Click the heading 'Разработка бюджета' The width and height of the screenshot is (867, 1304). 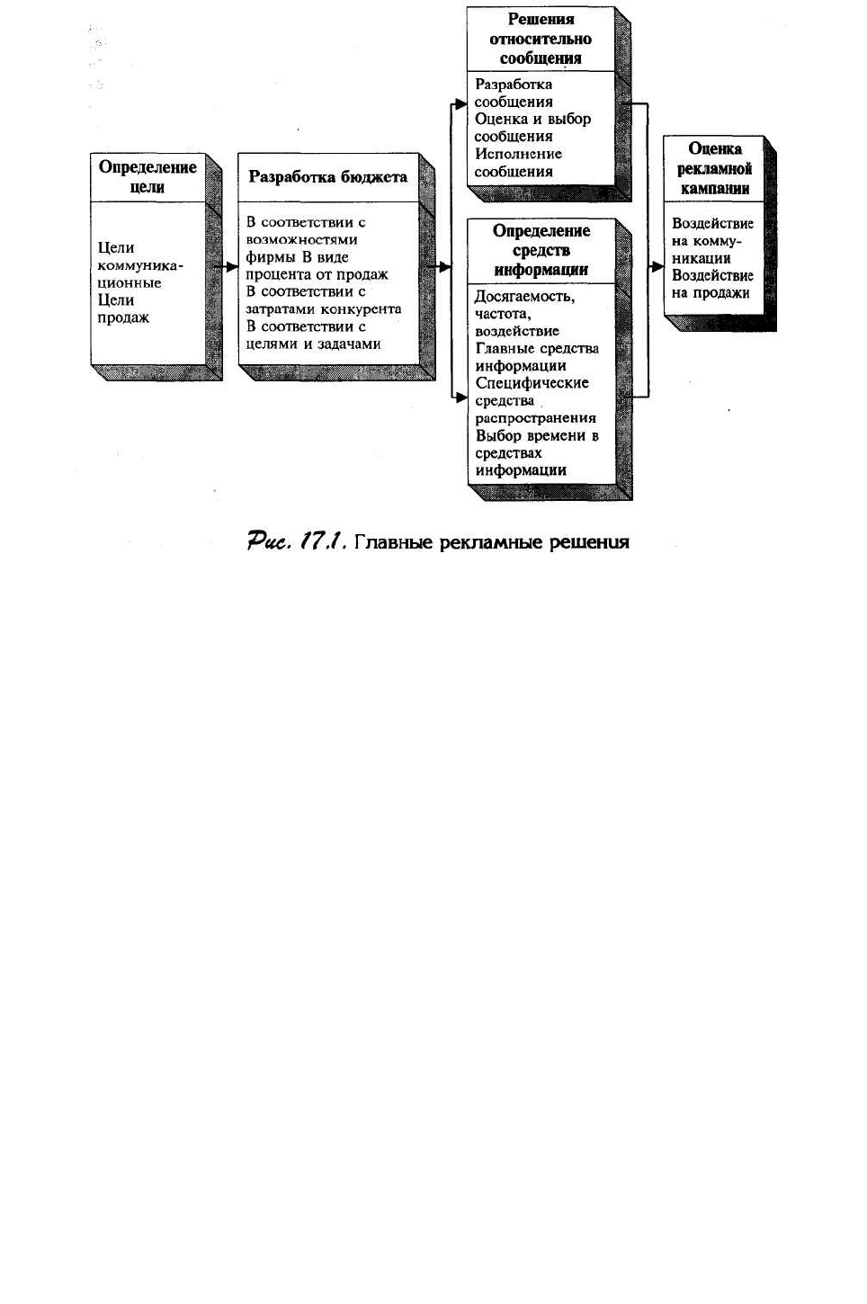click(x=327, y=177)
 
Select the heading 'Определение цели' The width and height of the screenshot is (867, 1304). click(x=147, y=177)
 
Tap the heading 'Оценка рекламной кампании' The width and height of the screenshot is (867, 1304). click(x=714, y=169)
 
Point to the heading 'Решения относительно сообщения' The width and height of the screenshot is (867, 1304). click(x=541, y=39)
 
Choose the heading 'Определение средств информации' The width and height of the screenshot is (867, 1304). click(x=541, y=250)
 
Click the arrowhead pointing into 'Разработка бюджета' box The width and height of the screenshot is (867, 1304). click(x=231, y=267)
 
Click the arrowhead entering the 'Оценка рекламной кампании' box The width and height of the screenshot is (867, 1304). click(x=657, y=267)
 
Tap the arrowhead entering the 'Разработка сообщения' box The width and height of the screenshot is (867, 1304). click(x=460, y=104)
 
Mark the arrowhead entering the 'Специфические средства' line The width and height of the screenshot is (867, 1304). click(x=460, y=398)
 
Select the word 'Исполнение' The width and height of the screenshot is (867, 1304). click(x=518, y=154)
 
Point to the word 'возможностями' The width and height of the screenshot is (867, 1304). click(x=301, y=240)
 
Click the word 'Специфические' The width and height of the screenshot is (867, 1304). click(x=532, y=383)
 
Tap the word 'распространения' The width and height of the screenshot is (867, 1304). click(x=536, y=418)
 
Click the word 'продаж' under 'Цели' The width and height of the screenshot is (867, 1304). click(x=123, y=318)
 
